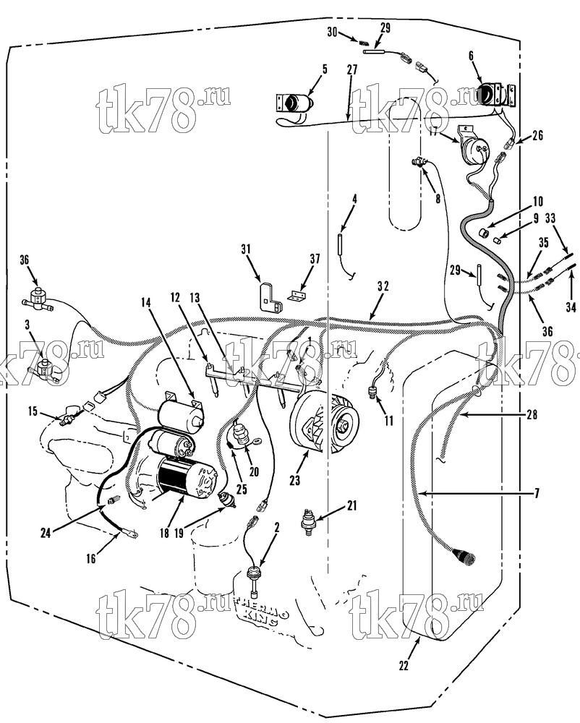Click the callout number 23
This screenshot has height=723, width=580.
pos(294,480)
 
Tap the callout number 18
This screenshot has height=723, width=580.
pos(165,533)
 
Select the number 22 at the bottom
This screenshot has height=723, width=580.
pos(404,666)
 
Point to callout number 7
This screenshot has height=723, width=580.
pos(537,494)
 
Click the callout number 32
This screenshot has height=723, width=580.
pos(383,286)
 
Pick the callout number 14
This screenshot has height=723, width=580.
pos(145,302)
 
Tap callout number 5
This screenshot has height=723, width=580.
pos(325,69)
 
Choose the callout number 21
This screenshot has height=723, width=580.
pos(351,506)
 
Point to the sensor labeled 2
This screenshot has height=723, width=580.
pos(252,576)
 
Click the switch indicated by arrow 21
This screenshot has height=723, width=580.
pos(306,521)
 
